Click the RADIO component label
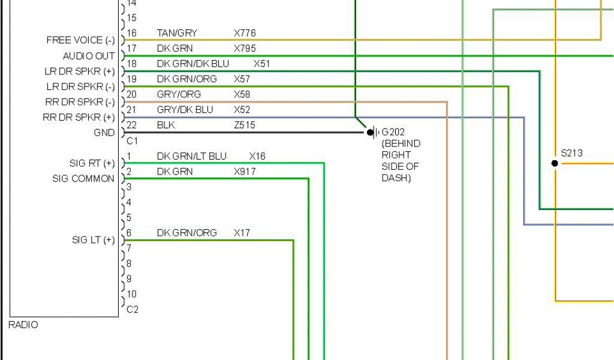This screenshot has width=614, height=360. tap(24, 325)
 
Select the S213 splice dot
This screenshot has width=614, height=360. tap(555, 163)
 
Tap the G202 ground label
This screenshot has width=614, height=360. tap(393, 132)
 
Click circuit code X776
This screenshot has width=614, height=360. tap(245, 33)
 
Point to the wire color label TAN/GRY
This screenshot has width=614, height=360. tap(177, 33)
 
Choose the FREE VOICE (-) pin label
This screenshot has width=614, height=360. tap(80, 40)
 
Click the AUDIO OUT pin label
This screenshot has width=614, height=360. tap(89, 56)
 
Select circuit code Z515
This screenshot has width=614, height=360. tap(244, 125)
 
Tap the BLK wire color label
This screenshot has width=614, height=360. tap(166, 125)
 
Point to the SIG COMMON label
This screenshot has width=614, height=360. tap(83, 179)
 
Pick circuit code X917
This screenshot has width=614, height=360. tap(245, 172)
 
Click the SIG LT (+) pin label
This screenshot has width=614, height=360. tap(93, 240)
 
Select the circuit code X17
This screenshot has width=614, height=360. tap(242, 233)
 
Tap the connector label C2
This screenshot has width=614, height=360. tap(133, 310)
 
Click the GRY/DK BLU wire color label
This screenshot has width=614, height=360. tap(185, 110)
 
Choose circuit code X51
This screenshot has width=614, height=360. tap(262, 64)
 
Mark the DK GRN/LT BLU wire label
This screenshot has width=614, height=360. tap(192, 156)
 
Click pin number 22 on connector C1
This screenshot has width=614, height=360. tap(132, 125)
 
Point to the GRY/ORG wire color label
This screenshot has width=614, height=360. tap(179, 94)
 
